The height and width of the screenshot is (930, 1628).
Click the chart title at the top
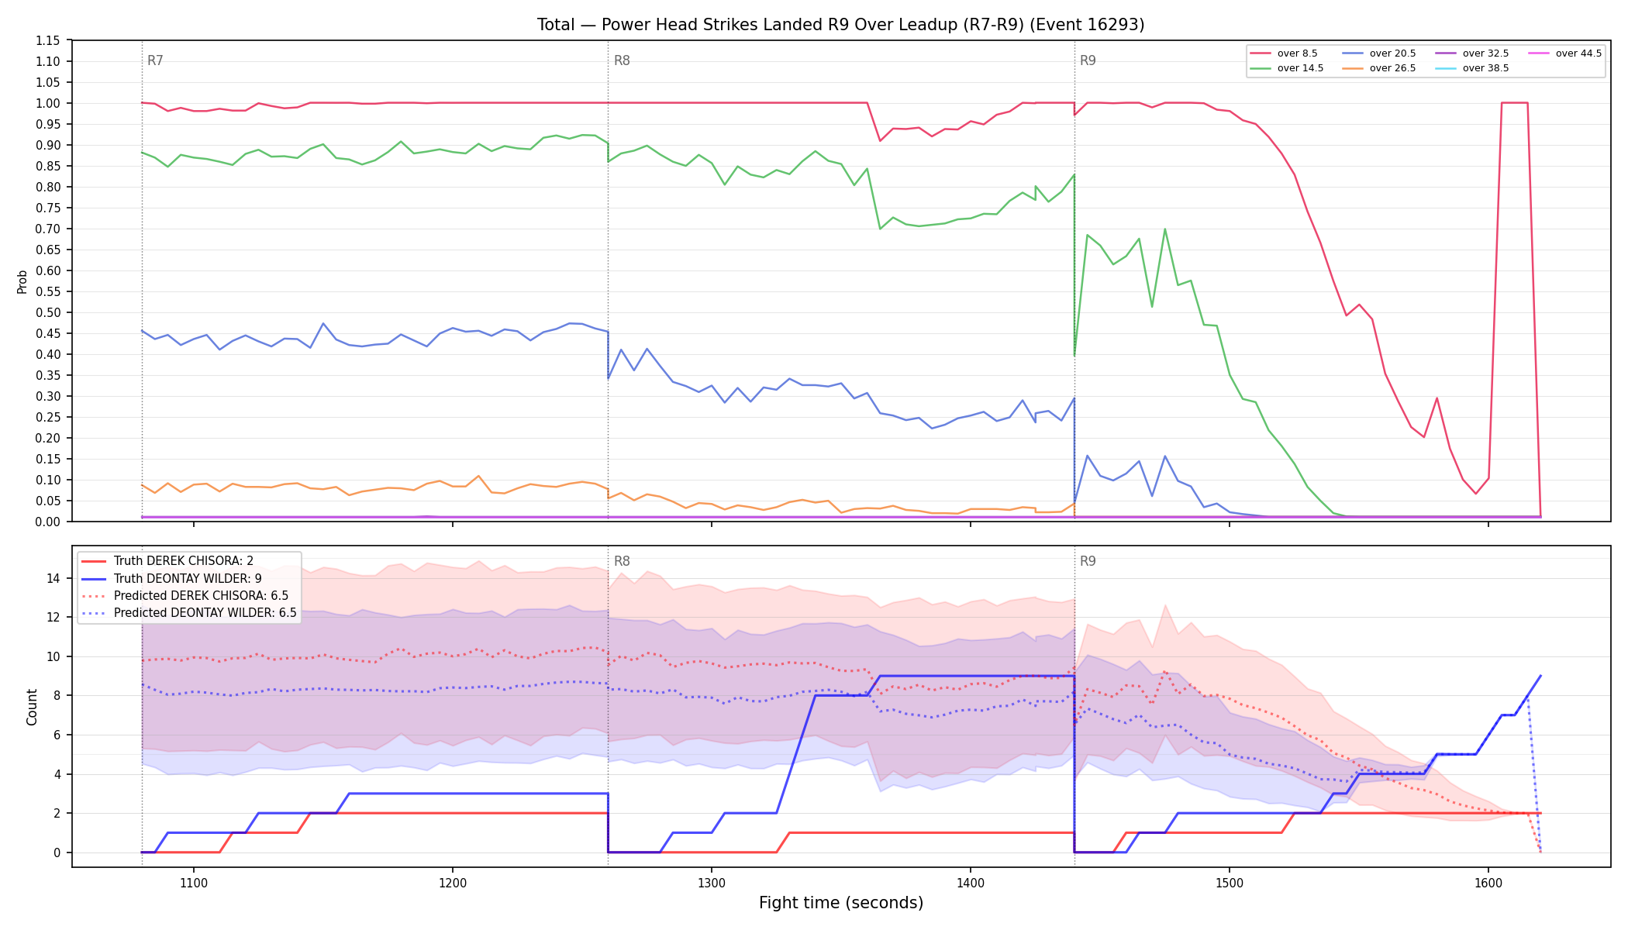tap(841, 25)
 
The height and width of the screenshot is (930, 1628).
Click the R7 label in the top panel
tap(155, 60)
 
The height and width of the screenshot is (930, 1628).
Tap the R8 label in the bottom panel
tap(622, 561)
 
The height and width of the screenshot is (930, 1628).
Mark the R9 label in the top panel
tap(1088, 60)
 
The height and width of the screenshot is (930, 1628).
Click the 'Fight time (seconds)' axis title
tap(841, 903)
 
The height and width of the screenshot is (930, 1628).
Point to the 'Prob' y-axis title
tap(22, 281)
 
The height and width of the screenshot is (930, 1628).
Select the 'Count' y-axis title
tap(32, 707)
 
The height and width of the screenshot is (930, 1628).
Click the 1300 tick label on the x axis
tap(712, 883)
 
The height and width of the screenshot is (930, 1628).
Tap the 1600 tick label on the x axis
tap(1488, 883)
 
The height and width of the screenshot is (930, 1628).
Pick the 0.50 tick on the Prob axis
tap(47, 312)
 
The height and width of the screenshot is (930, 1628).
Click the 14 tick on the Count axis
tap(53, 578)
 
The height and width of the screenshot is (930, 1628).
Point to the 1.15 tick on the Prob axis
tap(47, 40)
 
